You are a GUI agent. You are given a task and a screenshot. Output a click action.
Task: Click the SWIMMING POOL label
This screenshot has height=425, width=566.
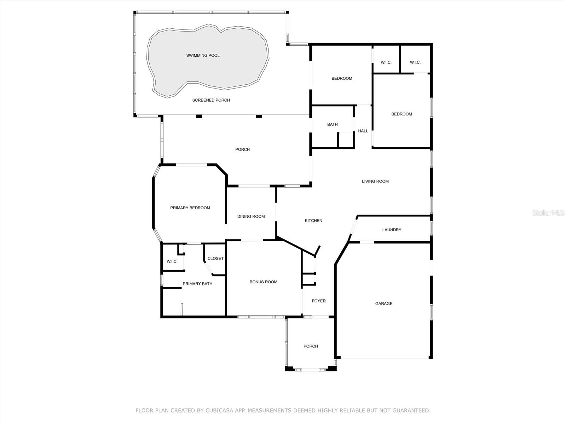click(203, 55)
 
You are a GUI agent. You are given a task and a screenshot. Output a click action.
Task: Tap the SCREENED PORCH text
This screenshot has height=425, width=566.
click(211, 100)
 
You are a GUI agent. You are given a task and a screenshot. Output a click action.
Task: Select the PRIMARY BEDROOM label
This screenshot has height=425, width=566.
click(190, 208)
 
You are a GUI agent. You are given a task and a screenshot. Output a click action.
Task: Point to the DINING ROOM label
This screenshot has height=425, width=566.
click(251, 216)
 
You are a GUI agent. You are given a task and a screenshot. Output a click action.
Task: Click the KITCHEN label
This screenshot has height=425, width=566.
click(313, 221)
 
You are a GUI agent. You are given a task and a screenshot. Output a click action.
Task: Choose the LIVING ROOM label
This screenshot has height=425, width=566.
click(375, 181)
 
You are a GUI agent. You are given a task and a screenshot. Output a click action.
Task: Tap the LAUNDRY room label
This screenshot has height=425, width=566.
click(392, 229)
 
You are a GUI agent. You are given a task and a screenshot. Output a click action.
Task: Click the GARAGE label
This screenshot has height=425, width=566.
click(384, 304)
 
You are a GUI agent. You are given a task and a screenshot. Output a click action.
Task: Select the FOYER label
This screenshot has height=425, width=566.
click(319, 301)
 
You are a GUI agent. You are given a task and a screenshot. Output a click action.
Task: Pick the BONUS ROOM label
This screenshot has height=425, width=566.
click(263, 282)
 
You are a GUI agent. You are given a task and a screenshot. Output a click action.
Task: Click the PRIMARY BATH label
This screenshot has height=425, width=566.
click(197, 284)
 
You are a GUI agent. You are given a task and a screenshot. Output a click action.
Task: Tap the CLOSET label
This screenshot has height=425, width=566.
click(215, 258)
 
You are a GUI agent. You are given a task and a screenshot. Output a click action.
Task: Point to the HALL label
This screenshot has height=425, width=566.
click(363, 131)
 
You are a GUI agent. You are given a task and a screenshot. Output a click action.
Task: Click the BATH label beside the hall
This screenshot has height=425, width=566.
click(333, 124)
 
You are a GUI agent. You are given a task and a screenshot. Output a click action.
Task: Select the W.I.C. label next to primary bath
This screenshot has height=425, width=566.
click(172, 261)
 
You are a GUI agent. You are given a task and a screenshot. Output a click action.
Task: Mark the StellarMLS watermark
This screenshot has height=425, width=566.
click(548, 212)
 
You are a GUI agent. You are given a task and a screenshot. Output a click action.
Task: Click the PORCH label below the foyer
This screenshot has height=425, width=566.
click(311, 346)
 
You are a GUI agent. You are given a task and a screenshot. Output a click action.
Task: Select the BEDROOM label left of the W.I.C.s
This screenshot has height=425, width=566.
click(342, 78)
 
